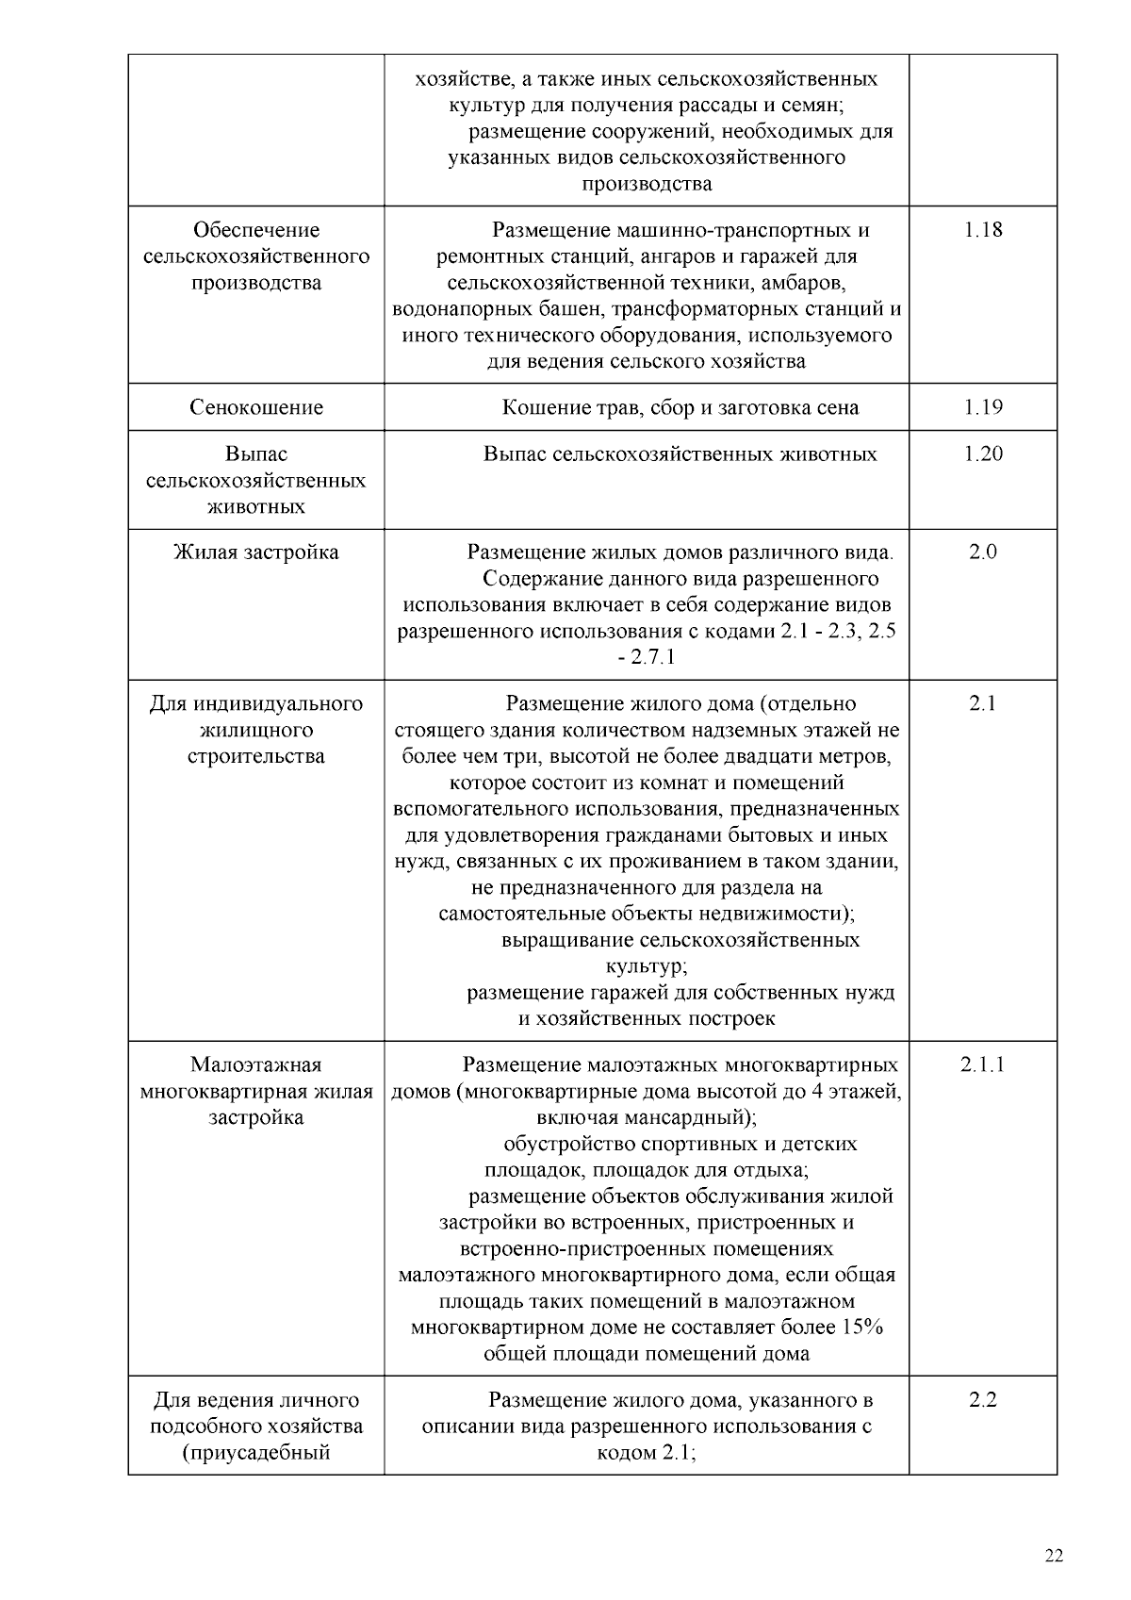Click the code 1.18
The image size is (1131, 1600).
click(x=982, y=230)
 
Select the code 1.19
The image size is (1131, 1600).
click(x=982, y=407)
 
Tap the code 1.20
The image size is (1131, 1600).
click(x=982, y=454)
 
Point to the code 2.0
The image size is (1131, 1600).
click(x=982, y=552)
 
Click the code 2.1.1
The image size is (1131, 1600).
click(x=982, y=1064)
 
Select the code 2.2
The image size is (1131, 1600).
click(x=982, y=1400)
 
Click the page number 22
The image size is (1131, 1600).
click(x=1054, y=1556)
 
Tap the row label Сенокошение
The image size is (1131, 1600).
click(x=256, y=407)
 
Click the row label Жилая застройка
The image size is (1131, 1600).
click(x=256, y=552)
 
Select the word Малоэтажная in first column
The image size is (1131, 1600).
click(x=256, y=1064)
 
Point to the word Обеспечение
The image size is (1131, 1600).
click(x=256, y=230)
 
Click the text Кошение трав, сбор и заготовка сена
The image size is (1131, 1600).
click(x=680, y=407)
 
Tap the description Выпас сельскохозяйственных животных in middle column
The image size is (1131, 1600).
click(x=680, y=454)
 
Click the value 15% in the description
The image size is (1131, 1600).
click(x=861, y=1328)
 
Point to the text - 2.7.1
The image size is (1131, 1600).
click(x=647, y=657)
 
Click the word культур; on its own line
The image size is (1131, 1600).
click(x=647, y=966)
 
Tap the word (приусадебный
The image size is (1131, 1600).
click(x=256, y=1452)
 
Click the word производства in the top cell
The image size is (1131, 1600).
click(x=647, y=184)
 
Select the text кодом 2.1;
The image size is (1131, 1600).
click(x=647, y=1452)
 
